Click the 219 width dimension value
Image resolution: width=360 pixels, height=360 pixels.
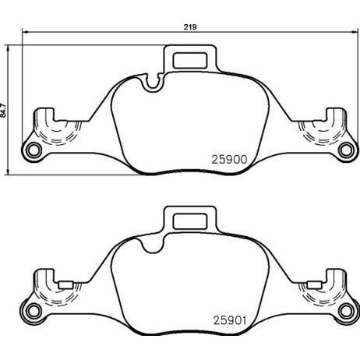(x=190, y=27)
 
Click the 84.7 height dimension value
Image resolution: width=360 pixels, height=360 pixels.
(x=3, y=111)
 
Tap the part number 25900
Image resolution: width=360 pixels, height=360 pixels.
(x=229, y=160)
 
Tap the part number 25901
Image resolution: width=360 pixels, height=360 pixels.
(x=230, y=320)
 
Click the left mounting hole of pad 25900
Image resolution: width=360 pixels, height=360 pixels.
(x=34, y=150)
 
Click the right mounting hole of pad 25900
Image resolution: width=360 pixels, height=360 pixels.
(x=347, y=150)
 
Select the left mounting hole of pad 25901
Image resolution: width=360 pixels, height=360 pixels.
(x=34, y=311)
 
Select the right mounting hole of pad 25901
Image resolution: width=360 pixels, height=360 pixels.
(x=347, y=311)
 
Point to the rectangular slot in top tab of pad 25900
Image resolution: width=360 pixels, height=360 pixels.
(x=190, y=61)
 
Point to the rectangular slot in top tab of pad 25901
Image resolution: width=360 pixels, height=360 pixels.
(x=190, y=221)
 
